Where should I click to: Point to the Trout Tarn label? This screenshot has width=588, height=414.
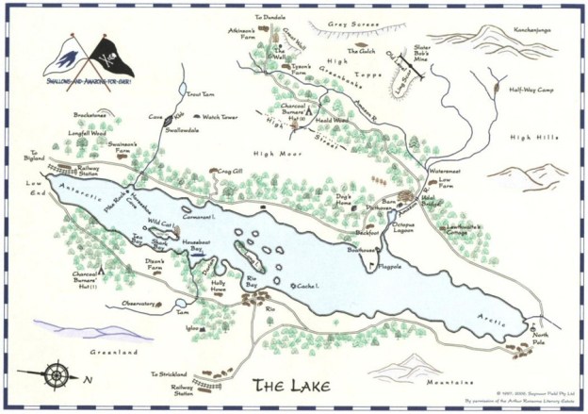click(x=203, y=95)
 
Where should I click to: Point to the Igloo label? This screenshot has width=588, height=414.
click(x=194, y=328)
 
